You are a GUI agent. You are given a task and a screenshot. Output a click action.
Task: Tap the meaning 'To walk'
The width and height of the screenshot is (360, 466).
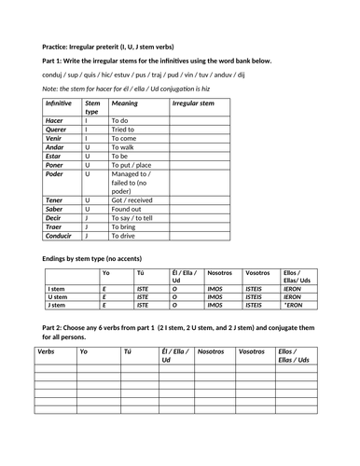(x=124, y=147)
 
